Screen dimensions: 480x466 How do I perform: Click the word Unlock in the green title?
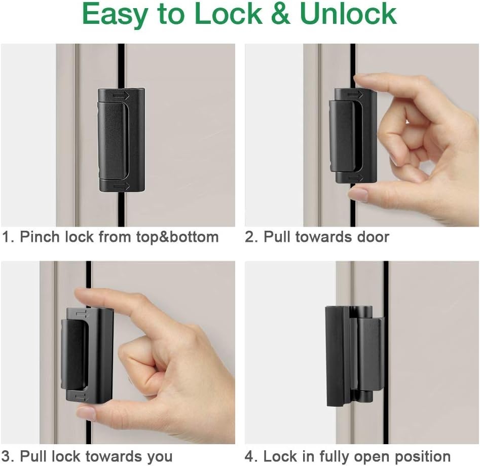coord(348,14)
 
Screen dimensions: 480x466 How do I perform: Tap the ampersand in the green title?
coord(281,14)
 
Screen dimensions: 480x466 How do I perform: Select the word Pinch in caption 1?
coord(40,237)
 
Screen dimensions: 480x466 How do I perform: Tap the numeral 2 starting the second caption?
coord(249,237)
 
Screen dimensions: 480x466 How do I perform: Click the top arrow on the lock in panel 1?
coord(121,96)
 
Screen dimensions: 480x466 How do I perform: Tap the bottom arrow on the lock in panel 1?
coord(122,186)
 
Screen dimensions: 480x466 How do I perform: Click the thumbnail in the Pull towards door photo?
coord(358,194)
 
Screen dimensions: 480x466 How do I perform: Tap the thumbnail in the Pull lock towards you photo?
coord(86,412)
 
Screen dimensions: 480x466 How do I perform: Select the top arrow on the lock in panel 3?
coord(81,313)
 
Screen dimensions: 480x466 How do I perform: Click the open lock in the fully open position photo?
coord(354,356)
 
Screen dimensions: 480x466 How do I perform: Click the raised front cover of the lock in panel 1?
coord(113,140)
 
